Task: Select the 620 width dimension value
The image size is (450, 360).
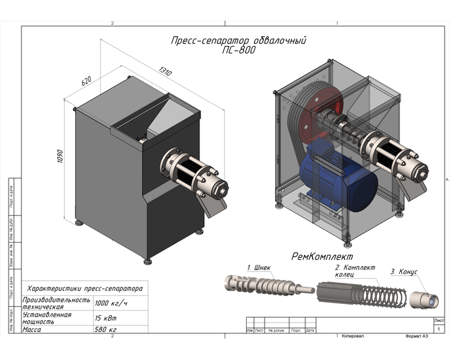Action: [x=86, y=81]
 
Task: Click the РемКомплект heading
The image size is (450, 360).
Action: [x=322, y=256]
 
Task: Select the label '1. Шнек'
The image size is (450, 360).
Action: [x=259, y=268]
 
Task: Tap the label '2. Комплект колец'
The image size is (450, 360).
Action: [x=355, y=271]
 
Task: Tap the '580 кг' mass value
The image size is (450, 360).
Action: [x=105, y=329]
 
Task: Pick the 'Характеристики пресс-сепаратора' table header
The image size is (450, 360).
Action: [x=84, y=289]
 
